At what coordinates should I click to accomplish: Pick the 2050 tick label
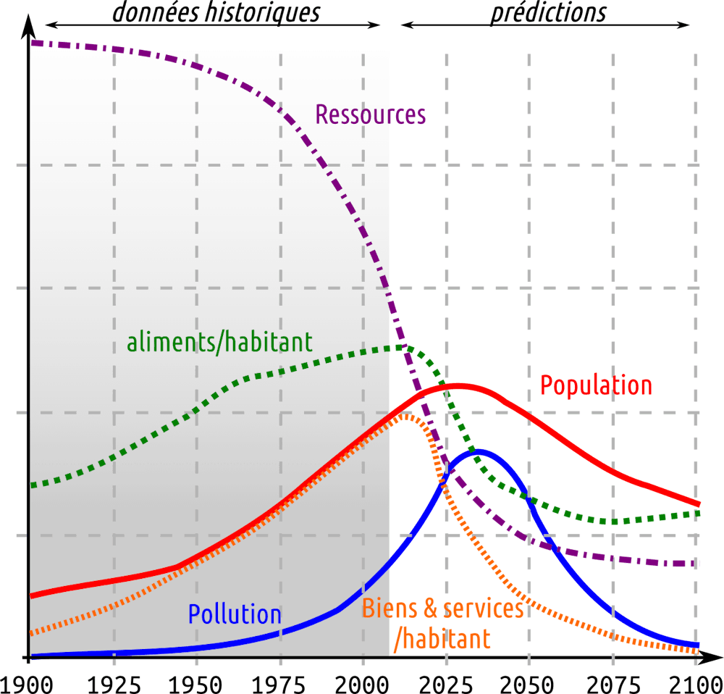click(529, 683)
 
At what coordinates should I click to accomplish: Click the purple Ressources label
click(370, 114)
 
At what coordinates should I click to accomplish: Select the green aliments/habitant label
click(219, 341)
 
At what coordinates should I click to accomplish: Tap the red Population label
click(596, 385)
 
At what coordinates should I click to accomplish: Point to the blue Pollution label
click(235, 614)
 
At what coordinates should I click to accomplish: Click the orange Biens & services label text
click(442, 609)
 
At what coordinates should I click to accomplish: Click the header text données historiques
click(215, 13)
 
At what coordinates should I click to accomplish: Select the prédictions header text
click(548, 13)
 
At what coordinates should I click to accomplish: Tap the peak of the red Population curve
click(458, 385)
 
